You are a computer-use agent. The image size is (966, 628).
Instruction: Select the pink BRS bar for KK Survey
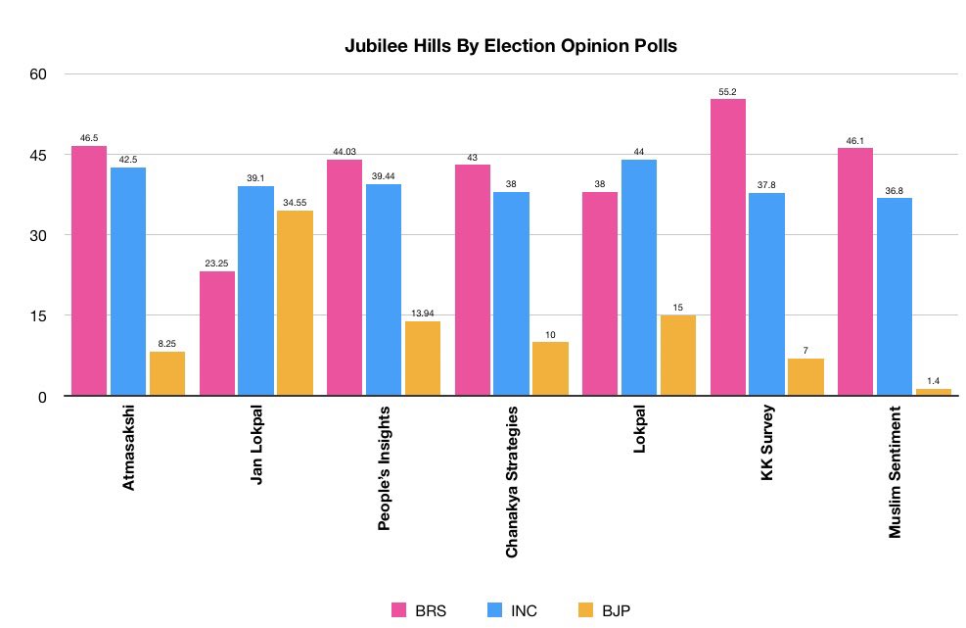(727, 248)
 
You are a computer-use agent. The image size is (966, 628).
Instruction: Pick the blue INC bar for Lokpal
(638, 278)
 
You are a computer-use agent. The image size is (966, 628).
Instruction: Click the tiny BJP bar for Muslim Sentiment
(933, 392)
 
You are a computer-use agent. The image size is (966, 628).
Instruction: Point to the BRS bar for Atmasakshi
(89, 270)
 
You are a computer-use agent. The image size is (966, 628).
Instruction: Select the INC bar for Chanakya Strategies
(511, 294)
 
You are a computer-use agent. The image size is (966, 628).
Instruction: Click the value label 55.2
(727, 91)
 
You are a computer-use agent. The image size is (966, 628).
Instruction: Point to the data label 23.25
(217, 264)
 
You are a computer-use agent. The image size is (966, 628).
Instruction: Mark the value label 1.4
(933, 381)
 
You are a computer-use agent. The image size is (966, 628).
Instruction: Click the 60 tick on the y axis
(42, 74)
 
